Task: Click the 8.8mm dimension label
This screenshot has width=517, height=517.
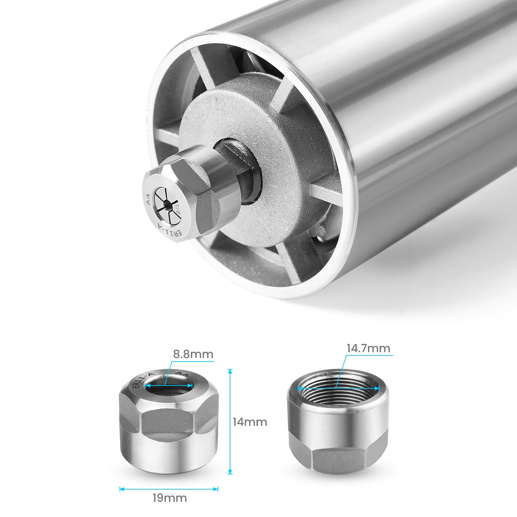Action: click(x=193, y=354)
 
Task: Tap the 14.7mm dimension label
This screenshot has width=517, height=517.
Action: click(x=368, y=348)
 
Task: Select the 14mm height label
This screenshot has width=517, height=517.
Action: click(x=250, y=422)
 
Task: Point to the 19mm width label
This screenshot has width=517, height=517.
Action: click(x=169, y=497)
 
